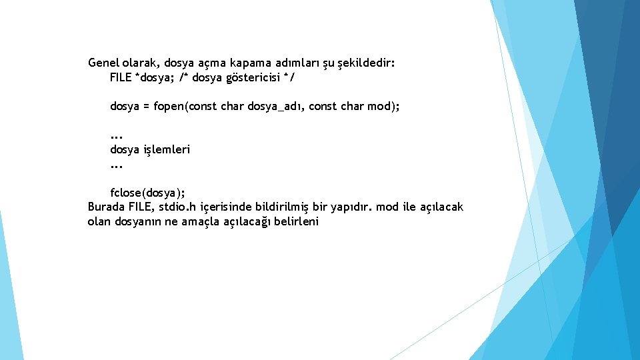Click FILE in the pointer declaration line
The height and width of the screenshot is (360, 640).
click(x=121, y=78)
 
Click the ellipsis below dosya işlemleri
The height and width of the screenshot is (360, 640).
click(x=117, y=165)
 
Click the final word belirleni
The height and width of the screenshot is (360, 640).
click(x=297, y=222)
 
